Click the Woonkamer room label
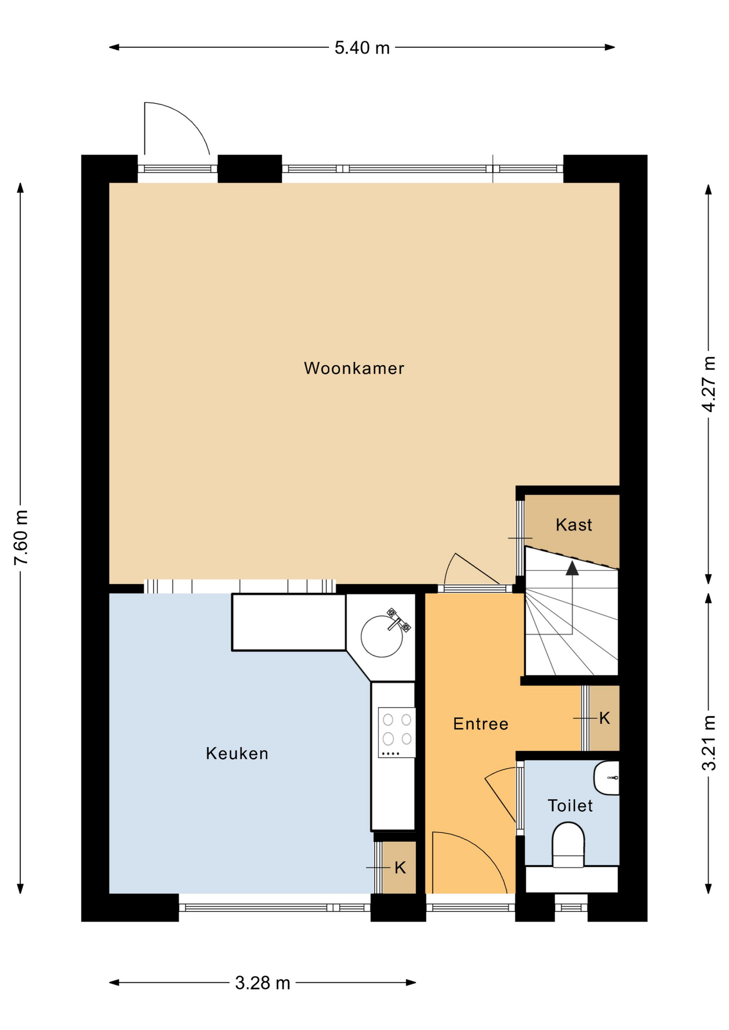click(354, 368)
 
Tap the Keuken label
click(237, 753)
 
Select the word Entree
click(480, 724)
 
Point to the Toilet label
click(570, 805)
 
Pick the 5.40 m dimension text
click(362, 48)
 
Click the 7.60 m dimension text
click(21, 537)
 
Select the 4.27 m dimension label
click(709, 384)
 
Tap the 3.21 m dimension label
click(709, 743)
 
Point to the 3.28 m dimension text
click(263, 983)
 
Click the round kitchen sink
click(382, 636)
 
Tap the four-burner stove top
click(397, 732)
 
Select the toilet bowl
click(568, 845)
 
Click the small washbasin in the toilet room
click(607, 777)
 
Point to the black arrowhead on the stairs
click(572, 568)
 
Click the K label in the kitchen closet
click(400, 867)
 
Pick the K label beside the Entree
click(604, 718)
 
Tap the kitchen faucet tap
click(398, 620)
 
